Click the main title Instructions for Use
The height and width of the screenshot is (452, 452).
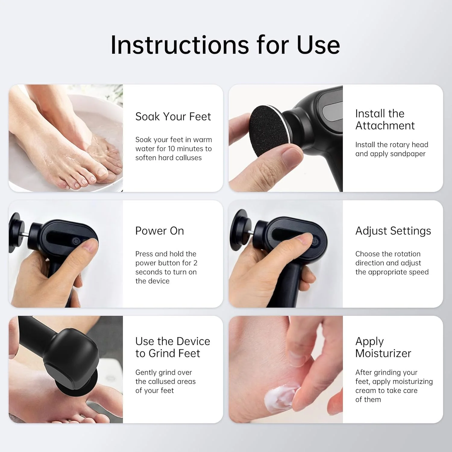tap(225, 45)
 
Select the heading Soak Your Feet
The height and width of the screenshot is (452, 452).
tap(173, 117)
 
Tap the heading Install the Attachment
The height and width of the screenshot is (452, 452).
tap(385, 120)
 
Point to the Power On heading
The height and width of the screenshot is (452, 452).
tap(159, 231)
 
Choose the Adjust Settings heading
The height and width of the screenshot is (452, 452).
tap(393, 231)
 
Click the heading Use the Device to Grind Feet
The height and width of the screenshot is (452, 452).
tap(173, 347)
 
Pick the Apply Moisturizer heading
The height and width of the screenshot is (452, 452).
tap(383, 347)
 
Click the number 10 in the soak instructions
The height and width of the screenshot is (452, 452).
tap(171, 149)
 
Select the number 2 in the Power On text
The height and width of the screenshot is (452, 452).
tap(195, 263)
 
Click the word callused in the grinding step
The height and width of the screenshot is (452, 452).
tap(171, 381)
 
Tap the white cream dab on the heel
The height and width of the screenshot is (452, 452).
tap(280, 397)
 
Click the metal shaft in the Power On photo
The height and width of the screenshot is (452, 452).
tap(26, 234)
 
